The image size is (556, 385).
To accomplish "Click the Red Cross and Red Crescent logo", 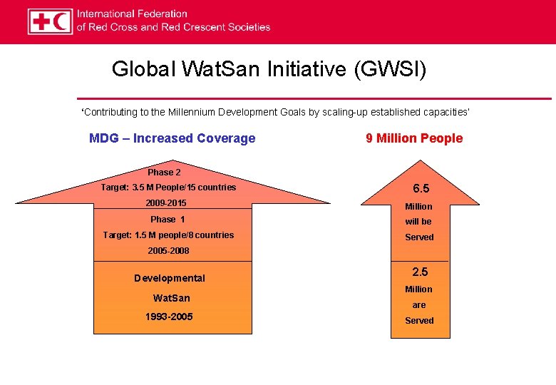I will [50, 21].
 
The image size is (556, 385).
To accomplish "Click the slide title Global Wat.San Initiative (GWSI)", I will [269, 69].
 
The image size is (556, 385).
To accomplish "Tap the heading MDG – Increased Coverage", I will [172, 138].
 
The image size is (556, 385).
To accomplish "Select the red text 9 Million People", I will [414, 138].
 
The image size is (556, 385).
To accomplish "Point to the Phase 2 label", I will [164, 173].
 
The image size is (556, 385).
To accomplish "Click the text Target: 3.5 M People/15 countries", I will [168, 188].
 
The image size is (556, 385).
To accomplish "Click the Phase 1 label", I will [168, 220].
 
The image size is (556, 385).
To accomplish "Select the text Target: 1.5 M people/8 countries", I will [168, 235].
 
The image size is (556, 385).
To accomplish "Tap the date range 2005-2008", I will [169, 251].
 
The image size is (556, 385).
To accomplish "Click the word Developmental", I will [170, 278].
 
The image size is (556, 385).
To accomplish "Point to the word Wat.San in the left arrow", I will [171, 298].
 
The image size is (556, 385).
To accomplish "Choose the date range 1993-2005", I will [169, 317].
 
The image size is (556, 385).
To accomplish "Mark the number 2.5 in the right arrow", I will [419, 272].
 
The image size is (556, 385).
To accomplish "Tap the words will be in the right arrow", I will [418, 222].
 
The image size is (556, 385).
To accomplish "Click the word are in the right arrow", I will [419, 305].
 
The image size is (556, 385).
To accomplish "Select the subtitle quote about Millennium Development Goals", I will [275, 113].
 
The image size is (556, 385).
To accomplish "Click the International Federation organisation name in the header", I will [173, 21].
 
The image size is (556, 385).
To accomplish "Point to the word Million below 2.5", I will [418, 289].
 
